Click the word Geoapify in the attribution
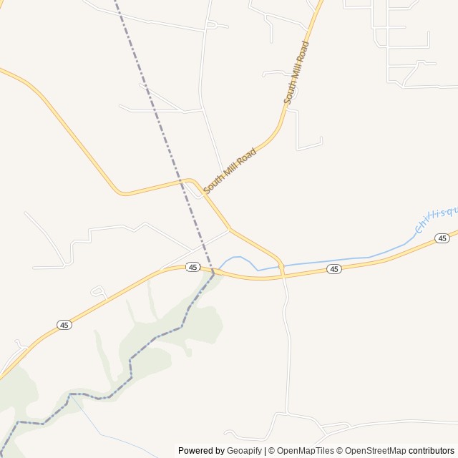click(x=245, y=451)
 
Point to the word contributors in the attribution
click(x=432, y=451)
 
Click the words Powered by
click(x=201, y=451)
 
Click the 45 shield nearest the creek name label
click(x=442, y=238)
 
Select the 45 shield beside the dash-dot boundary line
click(x=193, y=267)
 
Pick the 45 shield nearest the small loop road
click(x=64, y=325)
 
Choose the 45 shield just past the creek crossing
click(x=333, y=269)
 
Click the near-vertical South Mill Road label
click(x=297, y=72)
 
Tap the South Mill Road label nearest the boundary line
click(x=230, y=170)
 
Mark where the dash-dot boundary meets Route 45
click(x=213, y=272)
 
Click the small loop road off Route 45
click(x=99, y=291)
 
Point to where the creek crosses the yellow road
click(x=281, y=267)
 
